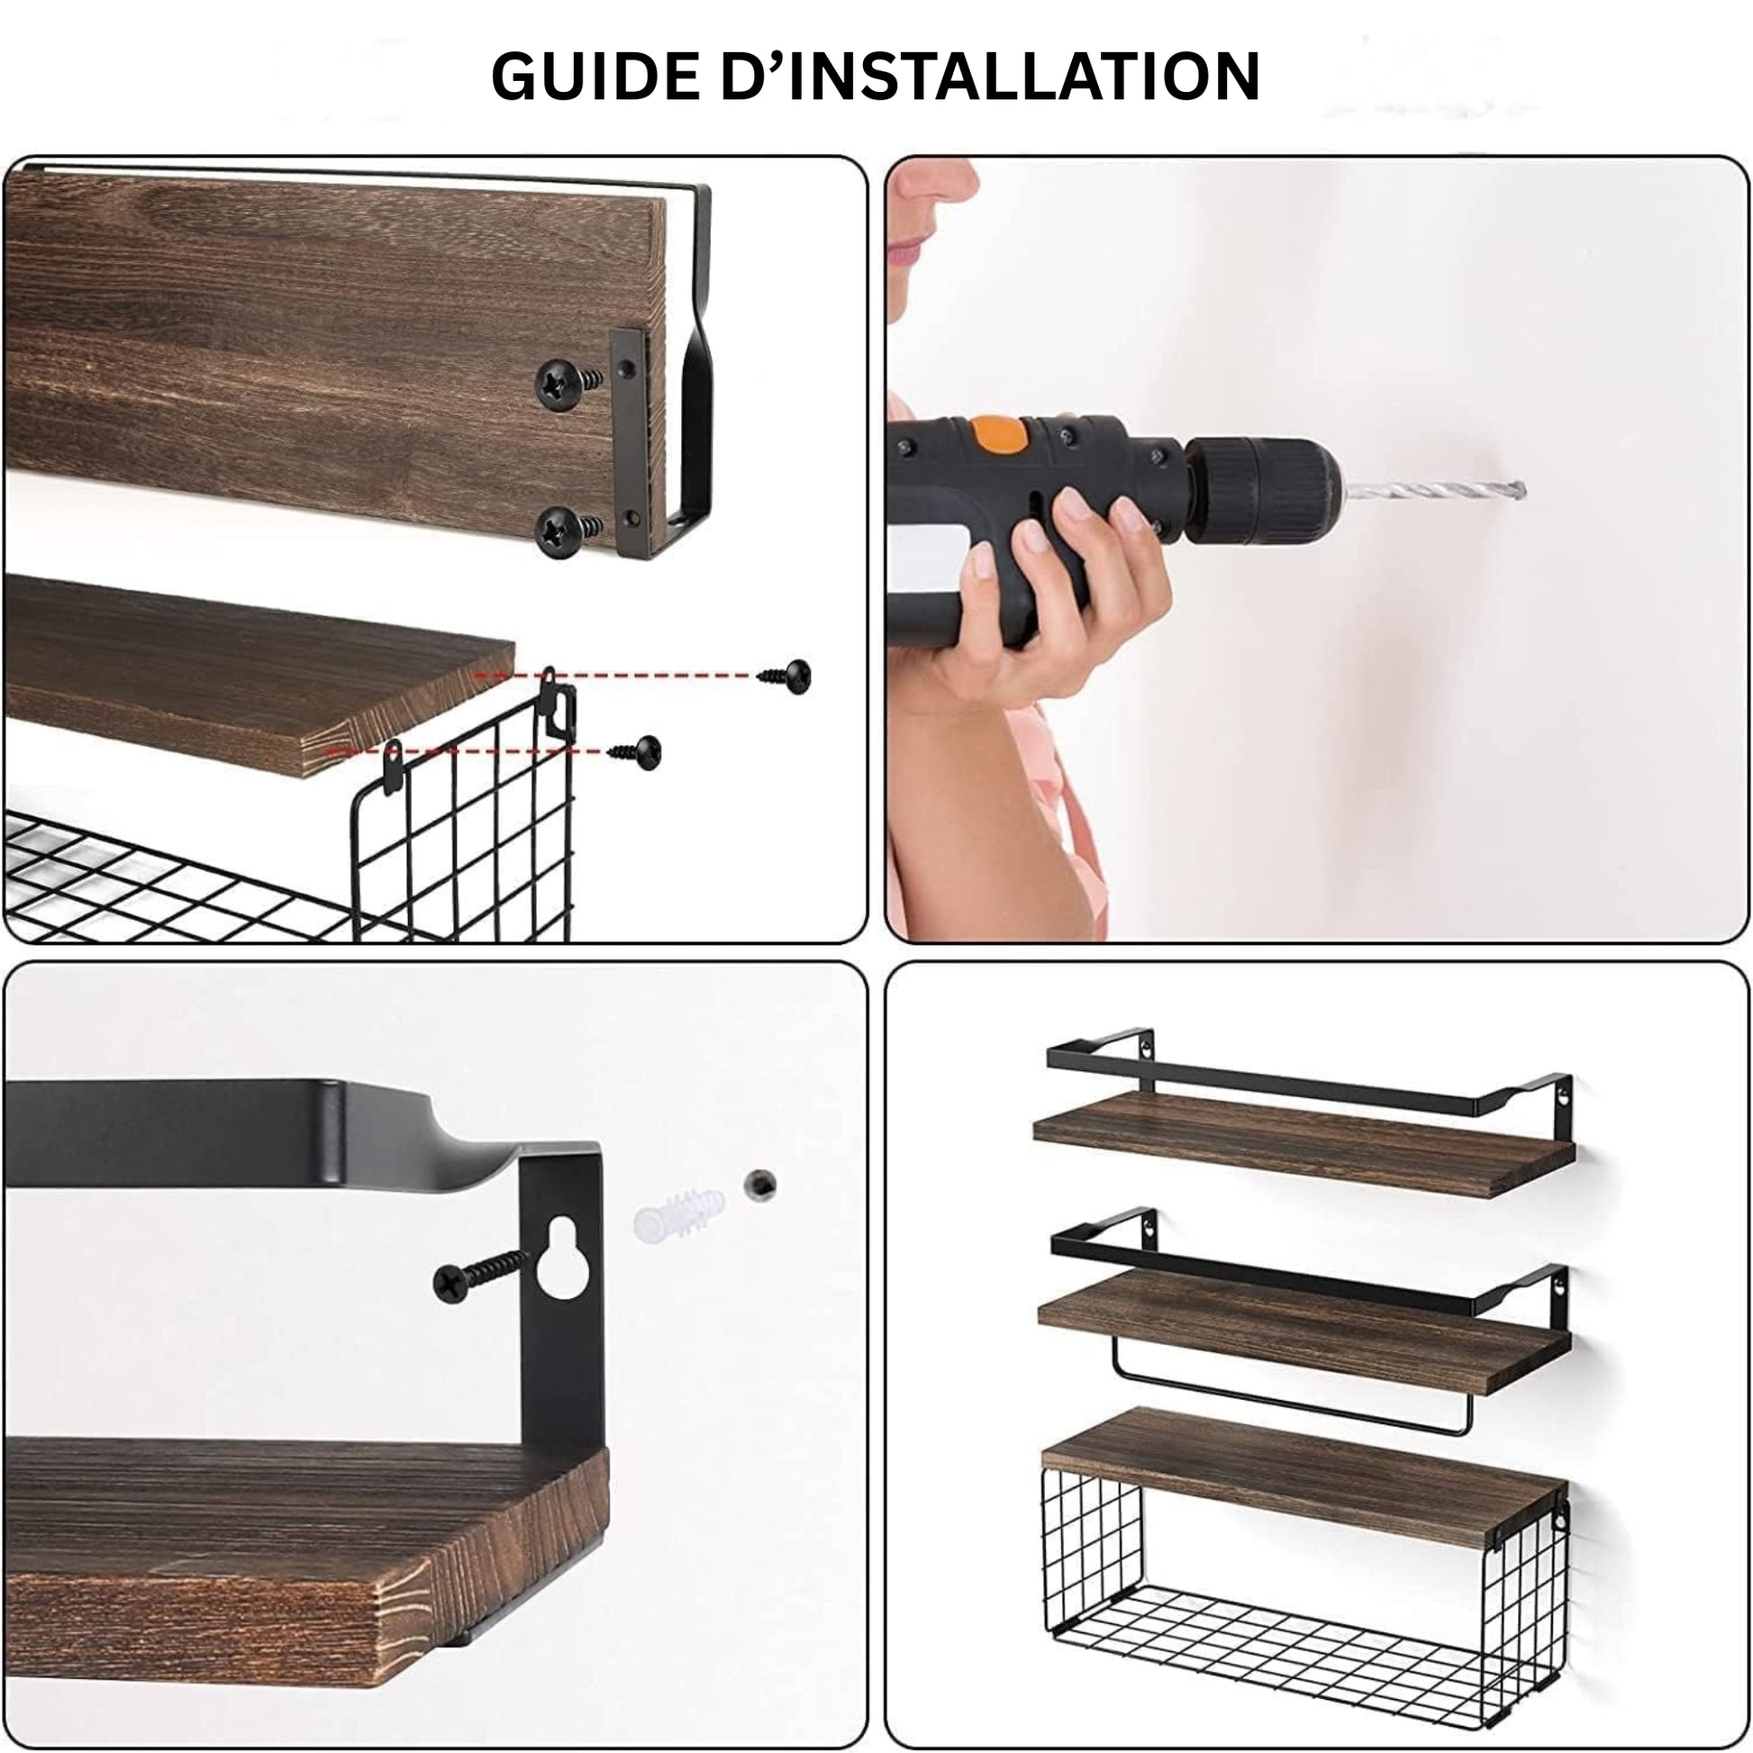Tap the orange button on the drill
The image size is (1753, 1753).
tap(999, 433)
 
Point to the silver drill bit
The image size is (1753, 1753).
tap(1433, 491)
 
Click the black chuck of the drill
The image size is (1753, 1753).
tap(1261, 490)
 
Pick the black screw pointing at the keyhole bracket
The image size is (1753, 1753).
tap(480, 1273)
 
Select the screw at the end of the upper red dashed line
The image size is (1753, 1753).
tap(786, 676)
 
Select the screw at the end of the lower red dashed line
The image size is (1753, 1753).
tap(636, 750)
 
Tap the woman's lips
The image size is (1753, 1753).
tap(907, 251)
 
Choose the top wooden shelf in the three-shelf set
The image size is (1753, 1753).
tap(1303, 1143)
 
